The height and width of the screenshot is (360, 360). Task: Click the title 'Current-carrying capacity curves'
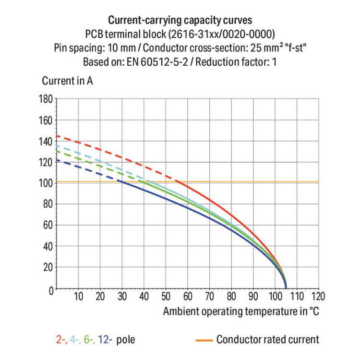pos(180,20)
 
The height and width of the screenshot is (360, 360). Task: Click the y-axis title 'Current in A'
pos(67,81)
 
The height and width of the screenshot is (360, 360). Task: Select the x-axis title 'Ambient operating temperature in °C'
pos(240,311)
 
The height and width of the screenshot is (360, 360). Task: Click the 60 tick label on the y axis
pos(47,225)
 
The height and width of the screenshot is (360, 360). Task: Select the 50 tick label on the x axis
pos(166,296)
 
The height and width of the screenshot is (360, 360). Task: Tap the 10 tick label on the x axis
pos(78,296)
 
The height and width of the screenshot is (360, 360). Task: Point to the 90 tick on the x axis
pos(253,296)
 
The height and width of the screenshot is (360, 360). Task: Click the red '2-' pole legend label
pos(61,340)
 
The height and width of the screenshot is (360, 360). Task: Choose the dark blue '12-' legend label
pos(105,340)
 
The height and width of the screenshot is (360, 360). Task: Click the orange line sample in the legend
pos(204,340)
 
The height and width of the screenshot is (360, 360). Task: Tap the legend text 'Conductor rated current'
pos(267,340)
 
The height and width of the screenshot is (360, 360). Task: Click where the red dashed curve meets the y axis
pos(57,136)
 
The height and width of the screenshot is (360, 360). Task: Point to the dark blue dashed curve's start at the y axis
pos(57,160)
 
